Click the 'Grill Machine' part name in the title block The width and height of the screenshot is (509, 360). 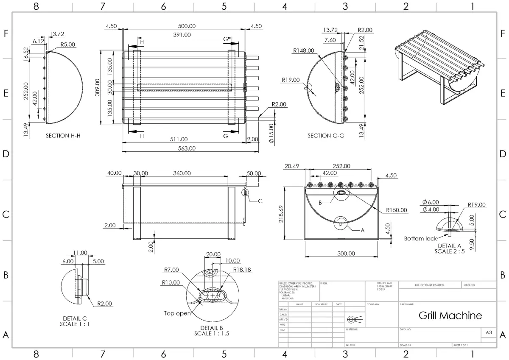[450, 315]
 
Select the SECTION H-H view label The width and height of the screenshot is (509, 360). [63, 136]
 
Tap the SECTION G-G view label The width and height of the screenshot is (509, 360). [325, 136]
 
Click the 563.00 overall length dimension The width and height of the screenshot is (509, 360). [187, 148]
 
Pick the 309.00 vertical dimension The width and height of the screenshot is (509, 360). [98, 87]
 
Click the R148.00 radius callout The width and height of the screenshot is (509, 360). [304, 50]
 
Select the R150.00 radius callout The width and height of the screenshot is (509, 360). [397, 210]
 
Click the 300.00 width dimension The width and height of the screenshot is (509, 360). [346, 254]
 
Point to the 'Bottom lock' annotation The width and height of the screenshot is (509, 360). [420, 238]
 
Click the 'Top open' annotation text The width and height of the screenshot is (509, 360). [177, 313]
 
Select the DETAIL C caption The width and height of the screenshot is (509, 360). [75, 318]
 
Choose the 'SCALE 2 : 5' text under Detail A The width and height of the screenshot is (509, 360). [450, 251]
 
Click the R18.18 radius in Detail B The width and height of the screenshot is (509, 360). [241, 270]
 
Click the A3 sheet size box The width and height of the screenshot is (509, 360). [488, 333]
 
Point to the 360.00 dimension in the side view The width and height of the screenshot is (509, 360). [182, 173]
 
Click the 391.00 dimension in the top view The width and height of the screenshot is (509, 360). [182, 35]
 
